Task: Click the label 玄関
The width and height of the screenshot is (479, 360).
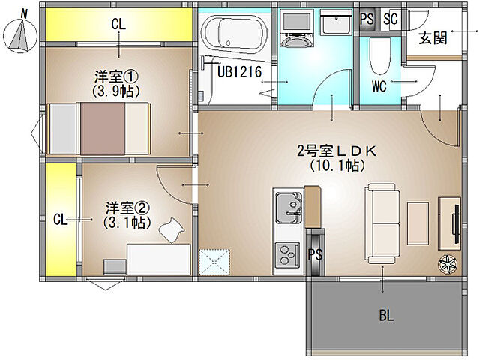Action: pyautogui.click(x=433, y=38)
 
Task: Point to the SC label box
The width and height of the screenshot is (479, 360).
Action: pyautogui.click(x=391, y=19)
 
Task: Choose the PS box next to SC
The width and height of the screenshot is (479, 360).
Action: pyautogui.click(x=367, y=19)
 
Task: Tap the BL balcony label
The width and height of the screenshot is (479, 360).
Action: pyautogui.click(x=385, y=315)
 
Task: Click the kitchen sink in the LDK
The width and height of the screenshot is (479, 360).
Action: pyautogui.click(x=288, y=207)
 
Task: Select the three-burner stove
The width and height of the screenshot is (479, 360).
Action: pyautogui.click(x=288, y=253)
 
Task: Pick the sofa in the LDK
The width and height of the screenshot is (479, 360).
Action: pyautogui.click(x=381, y=223)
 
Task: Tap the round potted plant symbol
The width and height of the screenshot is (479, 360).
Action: pyautogui.click(x=448, y=263)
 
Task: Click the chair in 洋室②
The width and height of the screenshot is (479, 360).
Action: pyautogui.click(x=174, y=229)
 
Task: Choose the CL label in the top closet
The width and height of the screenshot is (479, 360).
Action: pyautogui.click(x=118, y=24)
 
